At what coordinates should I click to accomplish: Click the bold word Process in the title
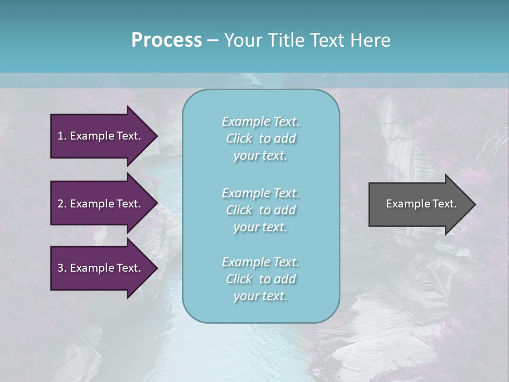tap(166, 40)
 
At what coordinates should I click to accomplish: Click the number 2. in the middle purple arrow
tap(62, 204)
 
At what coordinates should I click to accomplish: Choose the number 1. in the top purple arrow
tap(62, 136)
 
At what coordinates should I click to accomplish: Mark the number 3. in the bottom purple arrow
tap(62, 268)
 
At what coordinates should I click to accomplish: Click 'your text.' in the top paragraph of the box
tap(260, 156)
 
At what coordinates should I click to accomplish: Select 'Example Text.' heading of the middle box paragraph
tap(260, 193)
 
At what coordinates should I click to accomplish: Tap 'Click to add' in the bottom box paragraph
tap(260, 279)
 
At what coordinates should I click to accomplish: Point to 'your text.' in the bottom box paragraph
tap(260, 297)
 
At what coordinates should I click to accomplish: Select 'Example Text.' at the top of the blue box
tap(260, 121)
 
